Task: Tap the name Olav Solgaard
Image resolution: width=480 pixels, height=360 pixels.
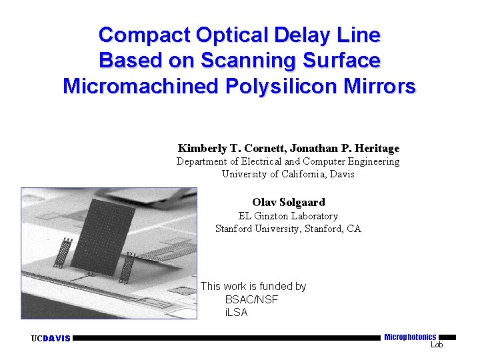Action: [288, 202]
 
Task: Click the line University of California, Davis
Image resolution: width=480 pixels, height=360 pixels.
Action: [288, 174]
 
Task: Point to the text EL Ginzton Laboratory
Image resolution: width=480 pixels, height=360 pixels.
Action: [288, 216]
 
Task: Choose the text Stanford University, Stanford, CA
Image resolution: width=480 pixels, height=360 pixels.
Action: [288, 229]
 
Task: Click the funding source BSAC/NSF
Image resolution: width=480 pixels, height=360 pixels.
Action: [251, 299]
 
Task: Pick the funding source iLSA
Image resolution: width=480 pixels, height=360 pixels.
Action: [237, 312]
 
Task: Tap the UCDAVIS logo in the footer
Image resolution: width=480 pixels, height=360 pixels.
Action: [51, 339]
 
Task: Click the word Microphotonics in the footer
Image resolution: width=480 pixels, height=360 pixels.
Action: [410, 337]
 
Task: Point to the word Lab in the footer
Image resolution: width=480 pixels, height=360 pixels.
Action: [437, 345]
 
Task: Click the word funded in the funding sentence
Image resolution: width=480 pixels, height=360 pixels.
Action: [272, 286]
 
